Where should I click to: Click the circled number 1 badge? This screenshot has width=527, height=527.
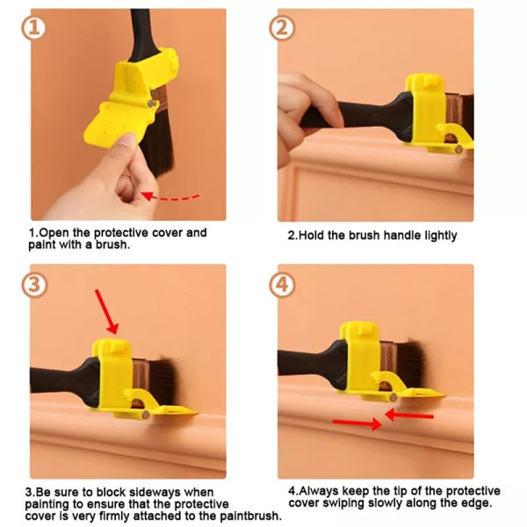click(34, 28)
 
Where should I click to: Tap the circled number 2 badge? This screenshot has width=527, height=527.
click(282, 28)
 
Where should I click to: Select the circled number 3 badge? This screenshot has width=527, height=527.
click(34, 285)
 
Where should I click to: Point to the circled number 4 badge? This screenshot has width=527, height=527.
click(282, 285)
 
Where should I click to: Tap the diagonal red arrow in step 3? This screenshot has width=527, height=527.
click(106, 312)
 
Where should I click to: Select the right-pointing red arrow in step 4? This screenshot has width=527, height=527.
click(357, 422)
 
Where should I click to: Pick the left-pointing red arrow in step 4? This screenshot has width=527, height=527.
click(409, 415)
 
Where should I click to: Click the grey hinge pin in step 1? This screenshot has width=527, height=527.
click(150, 103)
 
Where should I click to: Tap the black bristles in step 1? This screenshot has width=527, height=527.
click(159, 142)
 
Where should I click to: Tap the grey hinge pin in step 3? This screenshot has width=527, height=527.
click(146, 415)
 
